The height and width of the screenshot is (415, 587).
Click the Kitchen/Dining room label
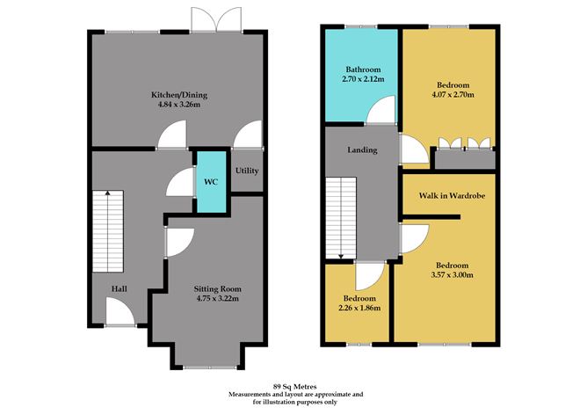[178, 95]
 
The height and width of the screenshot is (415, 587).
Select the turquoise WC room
[209, 182]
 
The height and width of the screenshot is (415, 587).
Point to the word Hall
[120, 288]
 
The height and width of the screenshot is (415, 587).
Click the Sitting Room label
[217, 288]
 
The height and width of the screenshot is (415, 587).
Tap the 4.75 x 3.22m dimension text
[217, 299]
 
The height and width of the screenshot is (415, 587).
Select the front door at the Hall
[119, 312]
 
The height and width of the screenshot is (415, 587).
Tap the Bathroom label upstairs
[361, 69]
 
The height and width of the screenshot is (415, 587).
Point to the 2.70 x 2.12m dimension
[361, 80]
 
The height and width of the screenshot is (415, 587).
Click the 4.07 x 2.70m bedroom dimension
[453, 94]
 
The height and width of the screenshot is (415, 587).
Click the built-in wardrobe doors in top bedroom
[464, 146]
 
